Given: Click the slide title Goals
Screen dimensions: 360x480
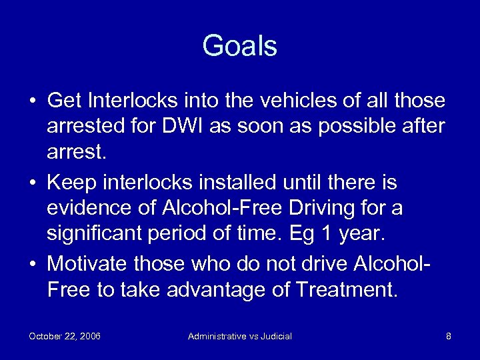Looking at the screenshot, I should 239,46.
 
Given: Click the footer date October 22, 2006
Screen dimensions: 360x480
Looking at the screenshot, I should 65,336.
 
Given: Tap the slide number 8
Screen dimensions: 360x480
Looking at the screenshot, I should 449,336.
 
